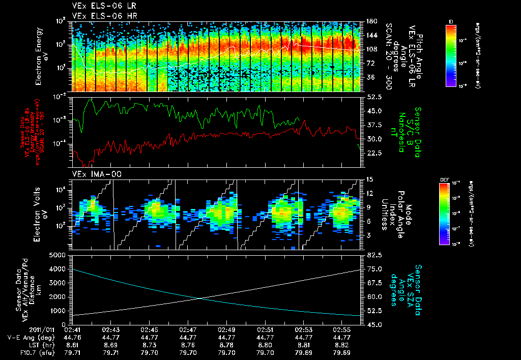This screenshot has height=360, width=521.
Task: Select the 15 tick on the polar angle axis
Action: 369,179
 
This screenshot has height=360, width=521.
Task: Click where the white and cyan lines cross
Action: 201,298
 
